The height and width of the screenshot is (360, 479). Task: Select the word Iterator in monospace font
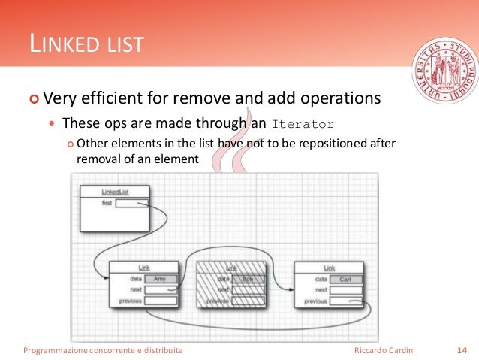click(303, 124)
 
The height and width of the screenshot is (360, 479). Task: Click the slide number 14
click(462, 350)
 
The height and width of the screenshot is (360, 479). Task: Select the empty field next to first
click(131, 203)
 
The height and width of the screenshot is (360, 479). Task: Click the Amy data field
click(160, 279)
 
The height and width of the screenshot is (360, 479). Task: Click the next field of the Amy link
click(160, 289)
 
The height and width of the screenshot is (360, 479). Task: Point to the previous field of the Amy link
click(160, 301)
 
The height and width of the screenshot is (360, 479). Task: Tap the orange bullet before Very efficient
click(33, 99)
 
